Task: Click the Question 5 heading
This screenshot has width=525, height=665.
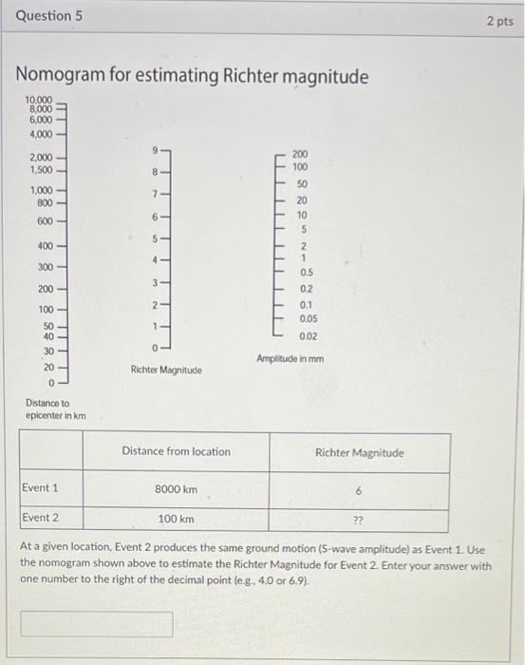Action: tap(45, 16)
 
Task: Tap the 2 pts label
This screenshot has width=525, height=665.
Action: tap(499, 21)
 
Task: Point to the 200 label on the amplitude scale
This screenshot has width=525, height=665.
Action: tap(300, 153)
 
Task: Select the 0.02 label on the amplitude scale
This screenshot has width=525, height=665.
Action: tap(308, 336)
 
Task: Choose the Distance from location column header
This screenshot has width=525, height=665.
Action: tap(176, 451)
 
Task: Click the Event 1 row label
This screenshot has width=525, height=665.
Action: tap(40, 487)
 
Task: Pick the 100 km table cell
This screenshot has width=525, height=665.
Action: tap(176, 520)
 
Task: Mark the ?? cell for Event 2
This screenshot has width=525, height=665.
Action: tap(358, 521)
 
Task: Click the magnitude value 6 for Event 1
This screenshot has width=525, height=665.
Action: tap(358, 490)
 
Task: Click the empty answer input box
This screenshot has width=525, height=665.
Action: tap(98, 624)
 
